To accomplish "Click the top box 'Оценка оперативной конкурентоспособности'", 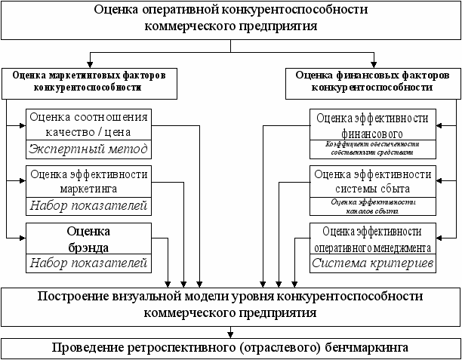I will pos(230,18).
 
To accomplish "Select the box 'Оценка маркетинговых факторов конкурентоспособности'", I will pos(88,82).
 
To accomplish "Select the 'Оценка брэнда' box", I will pos(89,238).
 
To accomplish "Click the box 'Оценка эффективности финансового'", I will pos(371,125).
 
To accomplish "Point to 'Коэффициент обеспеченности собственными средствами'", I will pos(371,147).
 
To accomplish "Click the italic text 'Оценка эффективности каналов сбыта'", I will pos(371,205).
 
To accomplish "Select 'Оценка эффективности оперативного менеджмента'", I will pos(371,238).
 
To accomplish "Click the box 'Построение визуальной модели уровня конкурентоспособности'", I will pos(230,303).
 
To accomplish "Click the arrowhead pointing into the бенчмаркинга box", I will pos(230,333).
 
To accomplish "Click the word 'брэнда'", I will pos(89,246).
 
